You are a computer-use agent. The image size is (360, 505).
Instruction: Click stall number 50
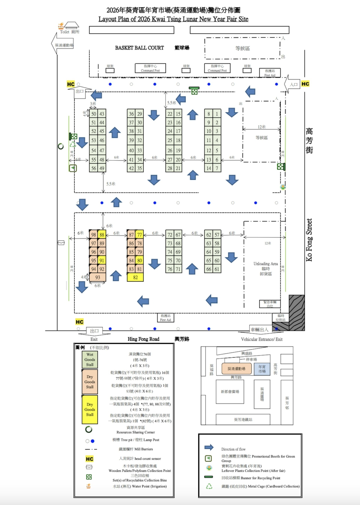[x=94, y=114]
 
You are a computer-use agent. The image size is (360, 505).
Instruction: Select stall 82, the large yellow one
[x=135, y=277]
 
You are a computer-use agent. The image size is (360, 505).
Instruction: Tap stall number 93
[x=97, y=277]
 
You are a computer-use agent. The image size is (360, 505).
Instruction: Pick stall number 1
[x=217, y=114]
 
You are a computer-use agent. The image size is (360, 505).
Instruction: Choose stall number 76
[x=170, y=269]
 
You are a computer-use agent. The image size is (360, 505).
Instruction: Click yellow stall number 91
[x=102, y=260]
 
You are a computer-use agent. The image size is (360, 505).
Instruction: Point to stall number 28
[x=170, y=168]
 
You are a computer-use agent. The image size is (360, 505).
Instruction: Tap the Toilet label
[x=65, y=32]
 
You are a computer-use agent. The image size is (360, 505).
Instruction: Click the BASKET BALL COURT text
[x=139, y=48]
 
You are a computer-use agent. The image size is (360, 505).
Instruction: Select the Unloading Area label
[x=265, y=264]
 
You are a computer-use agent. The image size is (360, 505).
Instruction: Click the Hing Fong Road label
[x=143, y=339]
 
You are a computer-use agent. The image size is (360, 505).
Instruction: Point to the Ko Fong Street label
[x=309, y=240]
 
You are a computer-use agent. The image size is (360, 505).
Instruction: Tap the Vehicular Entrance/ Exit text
[x=262, y=339]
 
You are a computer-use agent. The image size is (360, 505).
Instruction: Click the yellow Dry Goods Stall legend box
[x=90, y=409]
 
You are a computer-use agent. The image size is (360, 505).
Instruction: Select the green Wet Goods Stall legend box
[x=90, y=359]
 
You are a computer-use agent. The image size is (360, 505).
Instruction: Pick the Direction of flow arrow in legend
[x=209, y=447]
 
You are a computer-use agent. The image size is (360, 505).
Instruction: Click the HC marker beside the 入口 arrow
[x=305, y=84]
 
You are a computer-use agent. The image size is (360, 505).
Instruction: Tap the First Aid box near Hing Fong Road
[x=165, y=318]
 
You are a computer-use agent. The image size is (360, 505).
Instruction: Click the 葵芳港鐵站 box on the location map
[x=243, y=419]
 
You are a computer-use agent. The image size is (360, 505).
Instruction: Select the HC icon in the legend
[x=89, y=459]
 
